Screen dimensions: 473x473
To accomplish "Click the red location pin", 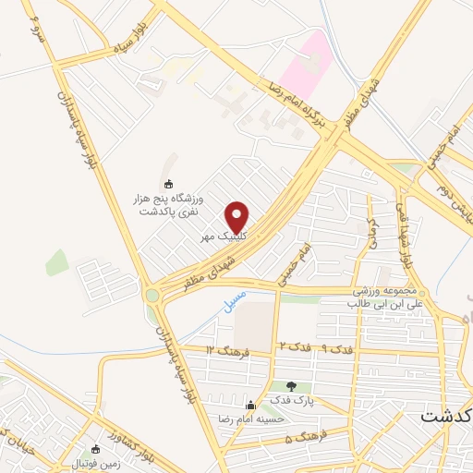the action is point(237,218).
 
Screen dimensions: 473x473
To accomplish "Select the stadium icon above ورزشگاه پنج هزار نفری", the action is point(167,183).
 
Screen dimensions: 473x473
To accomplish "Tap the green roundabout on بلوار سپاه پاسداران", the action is point(152,296).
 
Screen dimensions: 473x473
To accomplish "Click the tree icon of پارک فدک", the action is point(292,386).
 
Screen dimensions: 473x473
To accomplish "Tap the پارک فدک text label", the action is point(293,401).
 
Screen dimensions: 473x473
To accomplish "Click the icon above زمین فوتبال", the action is point(95,449).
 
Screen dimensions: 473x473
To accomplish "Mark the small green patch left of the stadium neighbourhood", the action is point(56,262).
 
